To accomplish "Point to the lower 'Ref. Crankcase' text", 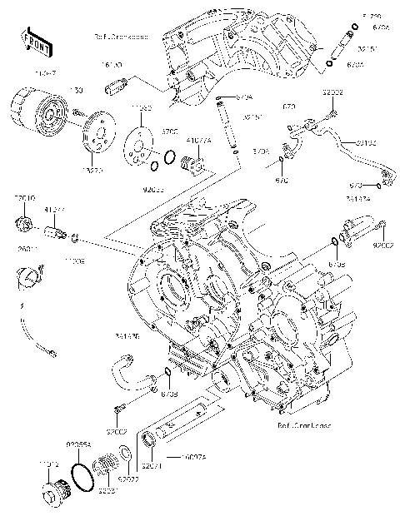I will (303, 424).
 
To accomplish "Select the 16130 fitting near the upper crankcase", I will (115, 86).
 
